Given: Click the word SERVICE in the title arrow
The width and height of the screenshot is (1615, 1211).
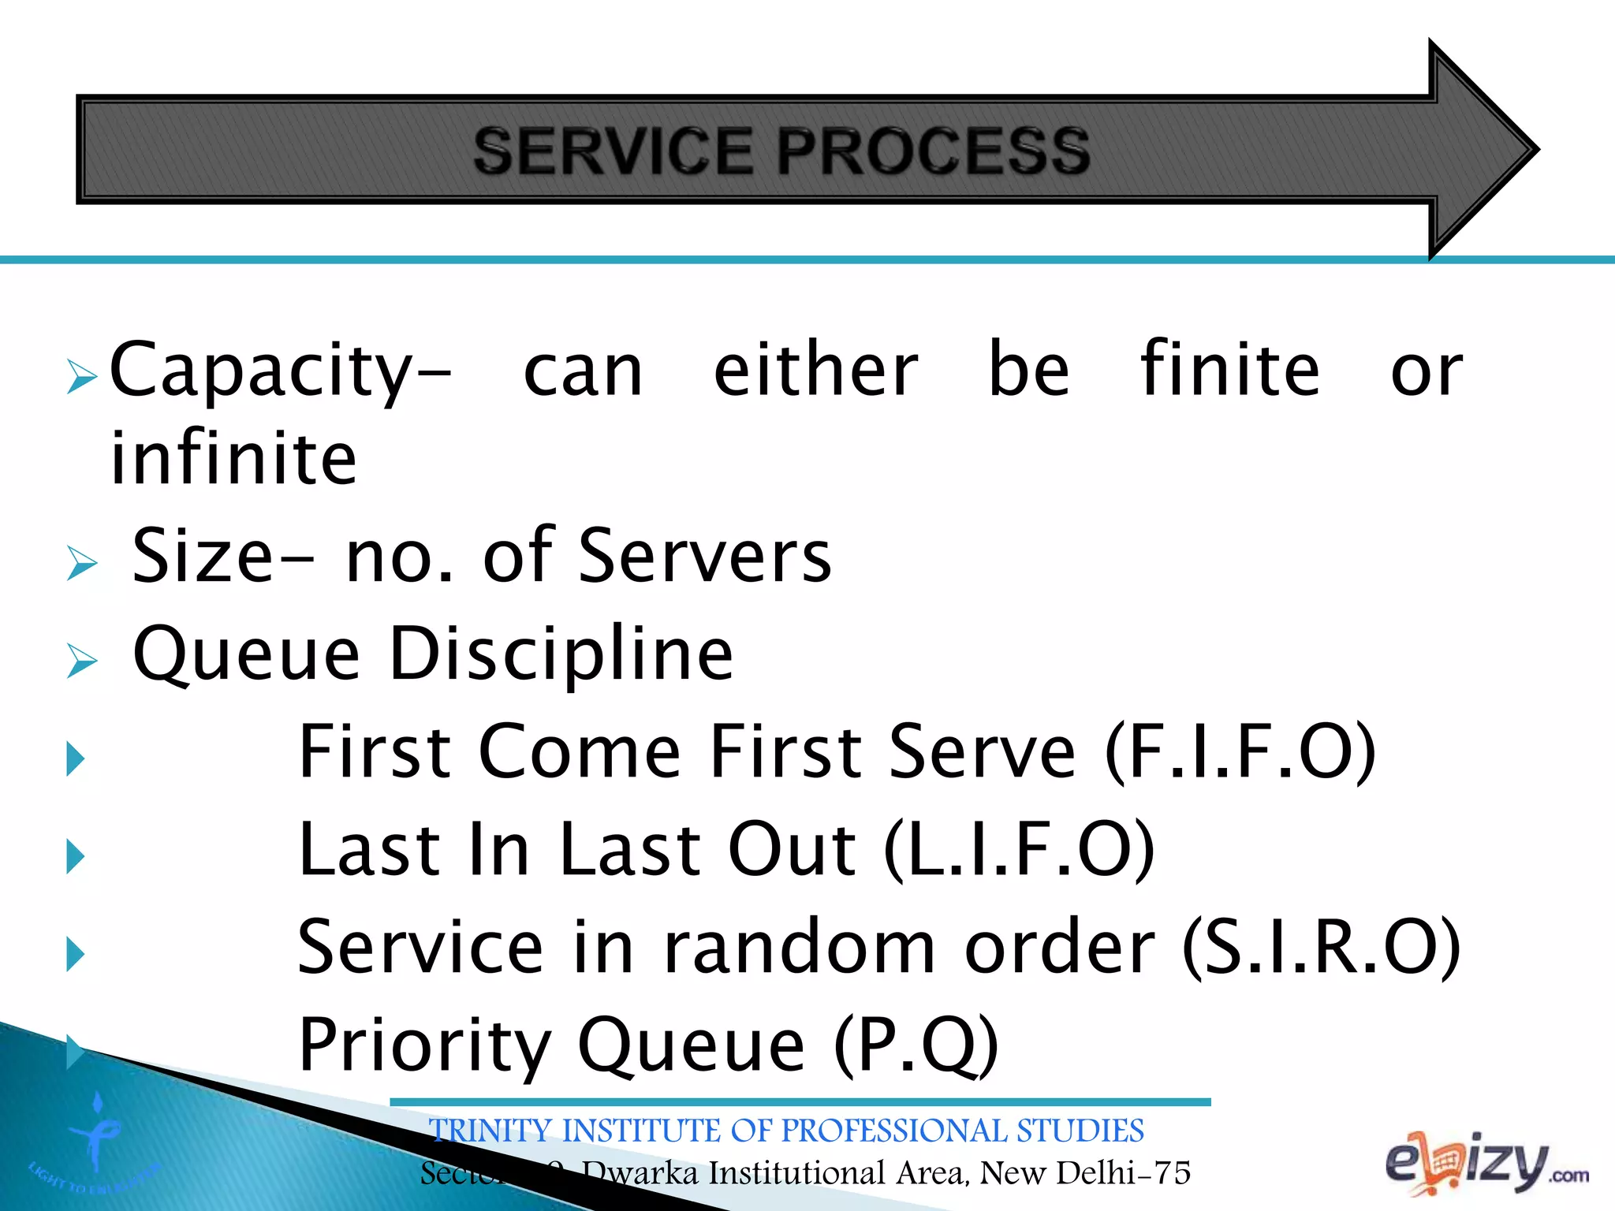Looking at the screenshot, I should tap(614, 151).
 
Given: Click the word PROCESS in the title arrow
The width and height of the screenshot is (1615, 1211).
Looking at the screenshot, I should tap(933, 151).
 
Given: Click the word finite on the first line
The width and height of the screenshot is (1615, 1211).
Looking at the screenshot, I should tap(1229, 370).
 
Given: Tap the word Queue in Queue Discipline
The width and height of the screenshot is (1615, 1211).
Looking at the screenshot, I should tap(247, 654).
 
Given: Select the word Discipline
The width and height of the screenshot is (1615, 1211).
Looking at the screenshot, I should tap(561, 654).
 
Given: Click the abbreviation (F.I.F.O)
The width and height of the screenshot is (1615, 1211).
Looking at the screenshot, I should tap(1240, 752).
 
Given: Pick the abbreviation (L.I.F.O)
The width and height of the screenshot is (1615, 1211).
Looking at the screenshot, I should tap(1019, 850).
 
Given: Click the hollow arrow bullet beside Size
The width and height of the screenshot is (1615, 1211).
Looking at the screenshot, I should tap(82, 563).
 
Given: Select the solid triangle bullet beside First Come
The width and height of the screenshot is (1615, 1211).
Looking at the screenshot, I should tap(76, 758).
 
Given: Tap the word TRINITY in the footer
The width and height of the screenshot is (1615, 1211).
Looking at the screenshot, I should tap(490, 1131).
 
